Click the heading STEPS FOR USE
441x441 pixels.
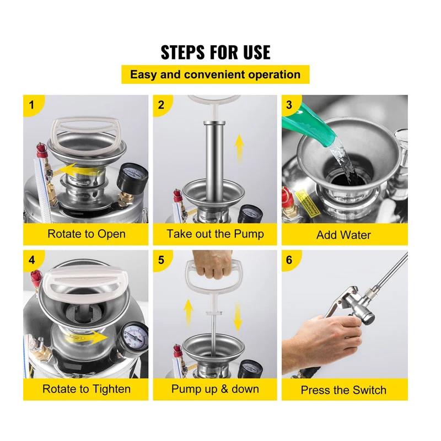pyautogui.click(x=216, y=52)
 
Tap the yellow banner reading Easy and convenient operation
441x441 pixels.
pyautogui.click(x=216, y=74)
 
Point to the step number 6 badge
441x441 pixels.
pyautogui.click(x=289, y=260)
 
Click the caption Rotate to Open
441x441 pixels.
pyautogui.click(x=87, y=234)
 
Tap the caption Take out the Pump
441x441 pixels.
pyautogui.click(x=215, y=234)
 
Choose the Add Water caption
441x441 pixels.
pyautogui.click(x=343, y=235)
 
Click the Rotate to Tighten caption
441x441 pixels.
pyautogui.click(x=87, y=389)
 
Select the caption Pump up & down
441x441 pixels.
pyautogui.click(x=215, y=389)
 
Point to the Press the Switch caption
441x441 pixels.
pyautogui.click(x=343, y=390)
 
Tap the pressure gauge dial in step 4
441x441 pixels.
pyautogui.click(x=133, y=337)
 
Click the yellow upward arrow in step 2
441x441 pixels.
pyautogui.click(x=239, y=149)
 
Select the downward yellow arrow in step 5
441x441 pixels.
pyautogui.click(x=238, y=316)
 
